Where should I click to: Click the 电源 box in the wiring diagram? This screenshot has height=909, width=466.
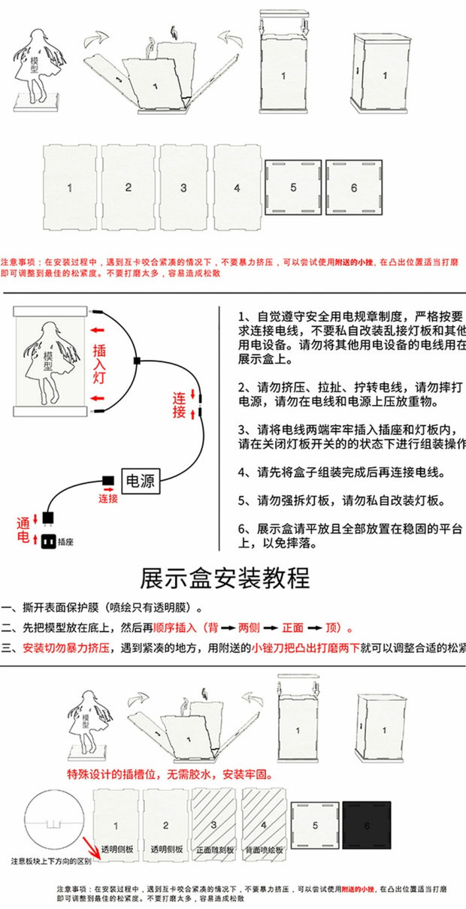141,481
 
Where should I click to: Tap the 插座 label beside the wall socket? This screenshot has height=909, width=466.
65,542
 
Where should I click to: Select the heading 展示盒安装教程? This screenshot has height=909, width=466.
225,578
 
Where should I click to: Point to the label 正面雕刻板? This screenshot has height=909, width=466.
215,850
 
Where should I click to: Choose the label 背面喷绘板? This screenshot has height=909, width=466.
265,850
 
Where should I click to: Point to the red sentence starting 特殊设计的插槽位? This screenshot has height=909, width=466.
170,774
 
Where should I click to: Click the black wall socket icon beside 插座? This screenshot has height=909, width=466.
47,542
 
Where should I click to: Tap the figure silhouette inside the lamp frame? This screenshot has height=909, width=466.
50,361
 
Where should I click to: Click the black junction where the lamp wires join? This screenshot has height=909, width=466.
137,361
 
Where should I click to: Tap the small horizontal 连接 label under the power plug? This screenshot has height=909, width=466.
108,498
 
